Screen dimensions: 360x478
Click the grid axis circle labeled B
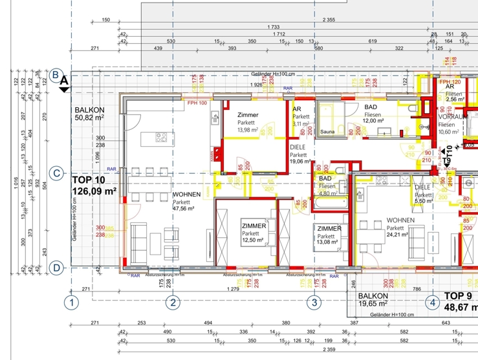point(56,75)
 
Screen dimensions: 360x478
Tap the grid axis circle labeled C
point(56,173)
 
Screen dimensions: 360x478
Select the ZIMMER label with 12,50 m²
point(252,226)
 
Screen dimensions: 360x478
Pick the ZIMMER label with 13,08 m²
point(329,228)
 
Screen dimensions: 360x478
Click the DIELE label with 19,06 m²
point(298,147)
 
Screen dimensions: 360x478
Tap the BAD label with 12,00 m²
point(371,107)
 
